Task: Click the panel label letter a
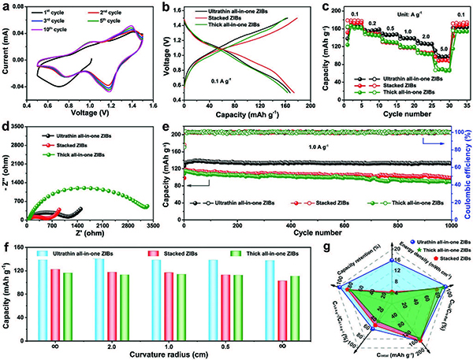8,7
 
